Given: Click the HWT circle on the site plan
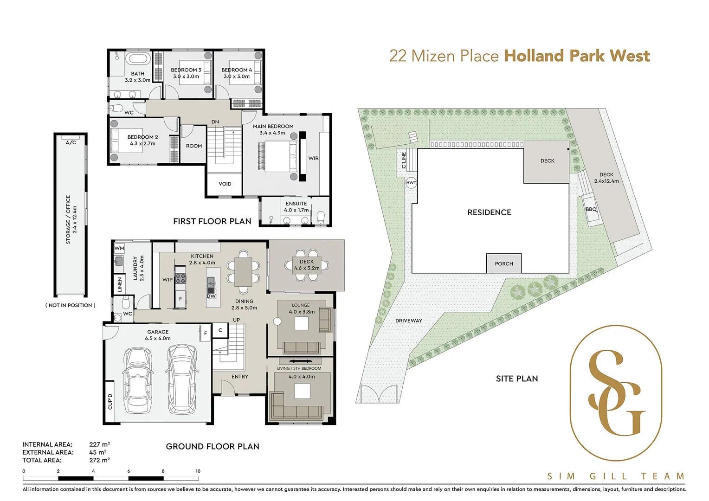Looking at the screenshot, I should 411,183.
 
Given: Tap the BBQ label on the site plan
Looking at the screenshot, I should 591,209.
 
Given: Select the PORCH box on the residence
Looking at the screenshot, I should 504,263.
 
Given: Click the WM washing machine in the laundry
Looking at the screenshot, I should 119,249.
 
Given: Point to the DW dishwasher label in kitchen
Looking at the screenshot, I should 211,296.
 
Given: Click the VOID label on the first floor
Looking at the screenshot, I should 225,184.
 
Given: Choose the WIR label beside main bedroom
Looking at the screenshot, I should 314,158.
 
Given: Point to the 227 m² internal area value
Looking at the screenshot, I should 99,444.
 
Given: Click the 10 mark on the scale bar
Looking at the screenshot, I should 198,471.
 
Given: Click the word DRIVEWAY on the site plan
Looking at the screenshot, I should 409,321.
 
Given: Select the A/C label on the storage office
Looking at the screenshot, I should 71,142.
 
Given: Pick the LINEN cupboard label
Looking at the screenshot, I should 120,284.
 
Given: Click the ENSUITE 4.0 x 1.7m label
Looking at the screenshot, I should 296,207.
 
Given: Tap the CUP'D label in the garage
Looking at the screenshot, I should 110,402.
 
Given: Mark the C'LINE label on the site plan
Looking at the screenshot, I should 404,160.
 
